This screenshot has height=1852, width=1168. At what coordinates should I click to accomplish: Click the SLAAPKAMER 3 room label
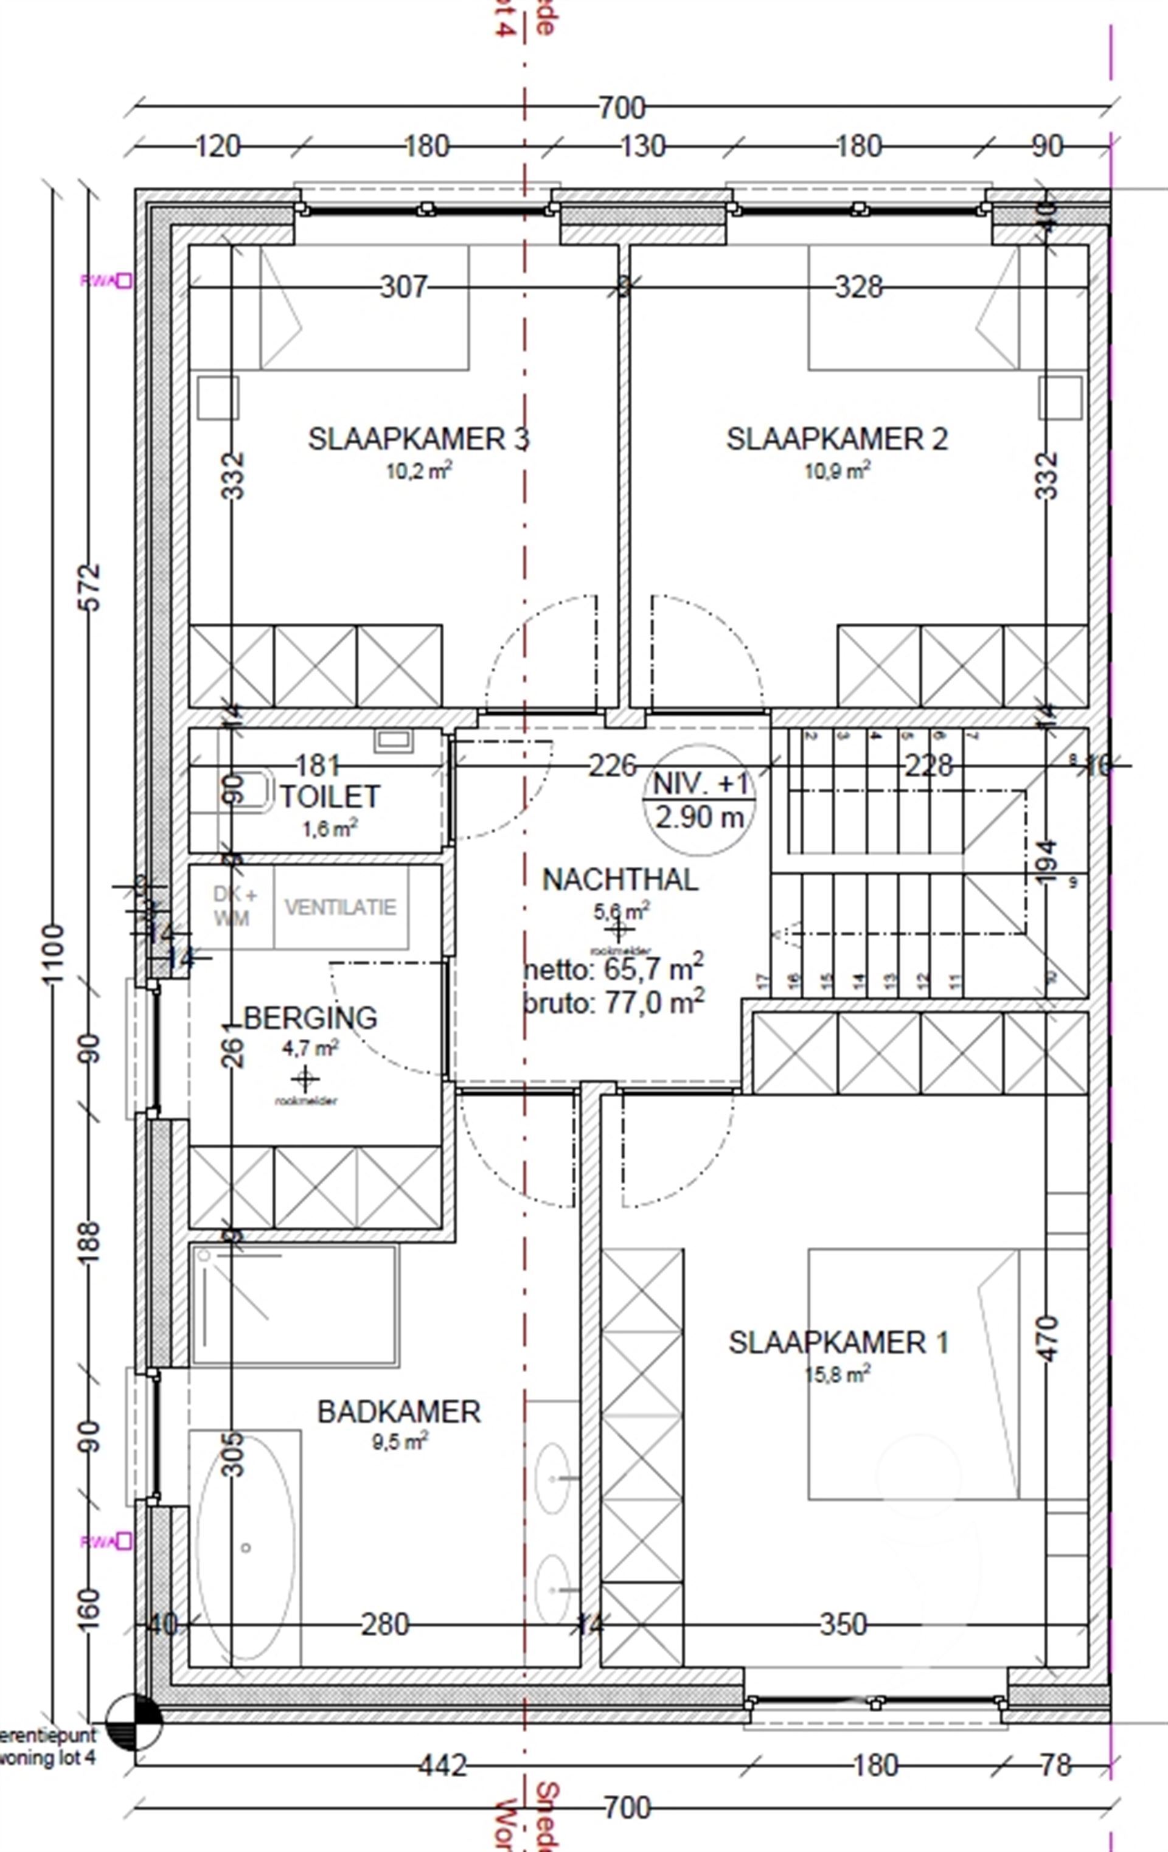[419, 439]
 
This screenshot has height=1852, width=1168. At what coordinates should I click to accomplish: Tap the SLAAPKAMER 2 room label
[836, 439]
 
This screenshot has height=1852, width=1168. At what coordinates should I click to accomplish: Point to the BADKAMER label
[398, 1412]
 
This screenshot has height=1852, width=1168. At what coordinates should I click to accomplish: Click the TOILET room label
[329, 797]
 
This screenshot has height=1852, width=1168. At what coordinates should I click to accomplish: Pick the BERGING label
[310, 1018]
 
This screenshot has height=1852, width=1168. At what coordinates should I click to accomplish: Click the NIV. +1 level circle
[700, 800]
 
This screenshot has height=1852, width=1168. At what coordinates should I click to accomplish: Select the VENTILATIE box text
[340, 907]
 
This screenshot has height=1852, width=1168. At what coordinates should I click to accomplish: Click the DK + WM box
[232, 907]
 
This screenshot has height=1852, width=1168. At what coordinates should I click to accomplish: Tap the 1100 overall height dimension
[53, 954]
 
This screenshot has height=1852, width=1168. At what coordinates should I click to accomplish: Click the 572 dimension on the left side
[91, 588]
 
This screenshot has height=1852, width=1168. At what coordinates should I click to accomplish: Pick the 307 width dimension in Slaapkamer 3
[404, 287]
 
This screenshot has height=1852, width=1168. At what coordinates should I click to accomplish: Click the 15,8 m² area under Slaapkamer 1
[837, 1373]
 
